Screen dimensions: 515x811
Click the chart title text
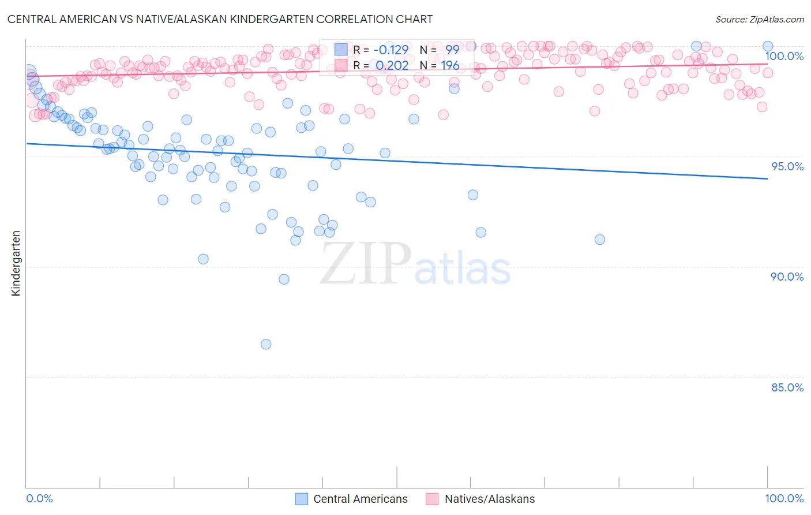point(220,19)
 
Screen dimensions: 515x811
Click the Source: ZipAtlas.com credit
point(759,19)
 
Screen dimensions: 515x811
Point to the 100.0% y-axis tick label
point(784,56)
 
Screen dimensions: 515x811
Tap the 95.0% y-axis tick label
point(787,166)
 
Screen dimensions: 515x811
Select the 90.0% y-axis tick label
point(787,277)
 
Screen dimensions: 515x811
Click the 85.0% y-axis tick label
point(787,387)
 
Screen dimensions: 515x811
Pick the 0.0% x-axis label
point(39,498)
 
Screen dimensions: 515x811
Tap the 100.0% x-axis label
point(784,498)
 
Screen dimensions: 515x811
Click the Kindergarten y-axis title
point(16,263)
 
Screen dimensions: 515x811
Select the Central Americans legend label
point(360,499)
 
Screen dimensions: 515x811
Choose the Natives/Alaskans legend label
point(490,499)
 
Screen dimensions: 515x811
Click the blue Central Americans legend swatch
point(301,499)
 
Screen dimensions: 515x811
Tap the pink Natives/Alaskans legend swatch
point(432,499)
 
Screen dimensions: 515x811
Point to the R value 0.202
point(392,65)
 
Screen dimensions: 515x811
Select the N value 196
point(450,65)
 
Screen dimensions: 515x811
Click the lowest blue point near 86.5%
point(266,344)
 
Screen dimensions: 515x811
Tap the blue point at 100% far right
point(768,46)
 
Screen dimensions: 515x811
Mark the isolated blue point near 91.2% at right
point(600,240)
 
